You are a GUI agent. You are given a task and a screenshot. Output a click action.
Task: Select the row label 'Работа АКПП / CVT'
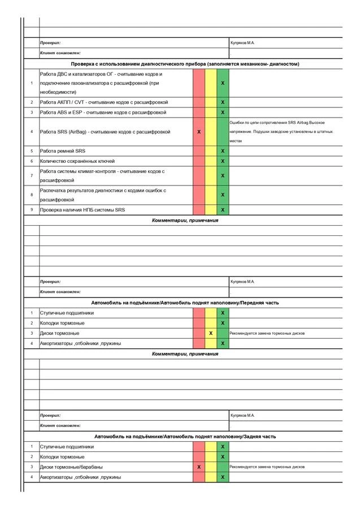103,102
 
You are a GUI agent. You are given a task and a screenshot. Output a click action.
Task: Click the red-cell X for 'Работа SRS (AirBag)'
199,131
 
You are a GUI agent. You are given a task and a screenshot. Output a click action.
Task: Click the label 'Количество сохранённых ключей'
77,161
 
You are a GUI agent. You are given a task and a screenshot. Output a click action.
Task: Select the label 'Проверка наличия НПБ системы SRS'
83,210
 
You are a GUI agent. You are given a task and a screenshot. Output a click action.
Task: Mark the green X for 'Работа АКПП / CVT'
223,102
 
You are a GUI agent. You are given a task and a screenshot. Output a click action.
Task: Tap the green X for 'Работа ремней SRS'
223,151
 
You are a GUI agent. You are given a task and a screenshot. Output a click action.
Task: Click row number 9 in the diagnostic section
32,210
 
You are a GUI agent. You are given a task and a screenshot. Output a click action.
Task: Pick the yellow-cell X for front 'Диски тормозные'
211,333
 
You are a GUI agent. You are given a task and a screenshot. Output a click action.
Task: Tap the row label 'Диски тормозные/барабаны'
71,467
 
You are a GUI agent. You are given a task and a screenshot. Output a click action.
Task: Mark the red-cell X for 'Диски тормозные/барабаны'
199,467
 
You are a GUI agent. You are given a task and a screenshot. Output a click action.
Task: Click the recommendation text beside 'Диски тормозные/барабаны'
267,467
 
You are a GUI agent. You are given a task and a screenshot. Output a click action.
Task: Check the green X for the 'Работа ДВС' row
223,83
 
